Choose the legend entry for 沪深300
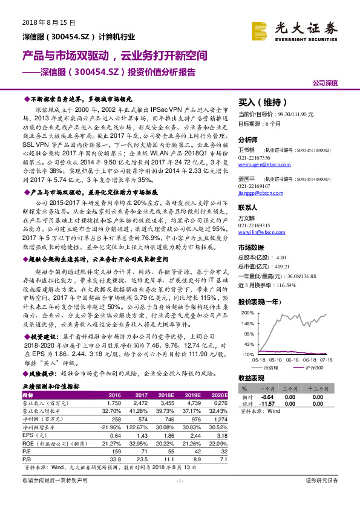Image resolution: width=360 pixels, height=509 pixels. click(x=314, y=367)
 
